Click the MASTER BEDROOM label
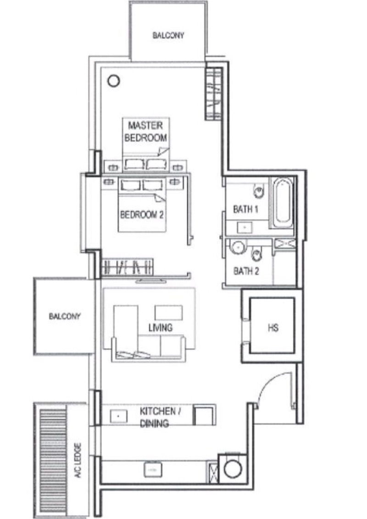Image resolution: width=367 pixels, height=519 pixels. [145, 132]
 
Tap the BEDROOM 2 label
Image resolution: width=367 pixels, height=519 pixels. [142, 215]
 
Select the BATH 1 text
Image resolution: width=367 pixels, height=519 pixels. [246, 209]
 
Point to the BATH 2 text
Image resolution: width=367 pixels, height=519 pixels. [246, 271]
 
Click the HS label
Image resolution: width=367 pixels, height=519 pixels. [273, 328]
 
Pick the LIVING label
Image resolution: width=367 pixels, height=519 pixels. [160, 328]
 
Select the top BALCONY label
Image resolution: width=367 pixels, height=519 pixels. [168, 35]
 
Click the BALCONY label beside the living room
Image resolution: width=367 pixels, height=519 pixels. [65, 316]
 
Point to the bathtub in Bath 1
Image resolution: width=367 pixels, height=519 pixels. [283, 202]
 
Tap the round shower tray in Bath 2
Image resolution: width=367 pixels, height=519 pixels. [238, 247]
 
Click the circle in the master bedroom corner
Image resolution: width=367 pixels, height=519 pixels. [114, 80]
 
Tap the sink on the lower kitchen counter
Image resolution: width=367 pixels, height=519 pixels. [153, 469]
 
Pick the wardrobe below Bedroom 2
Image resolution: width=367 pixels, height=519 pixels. [127, 267]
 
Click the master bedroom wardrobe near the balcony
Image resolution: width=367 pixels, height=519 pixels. [214, 94]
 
